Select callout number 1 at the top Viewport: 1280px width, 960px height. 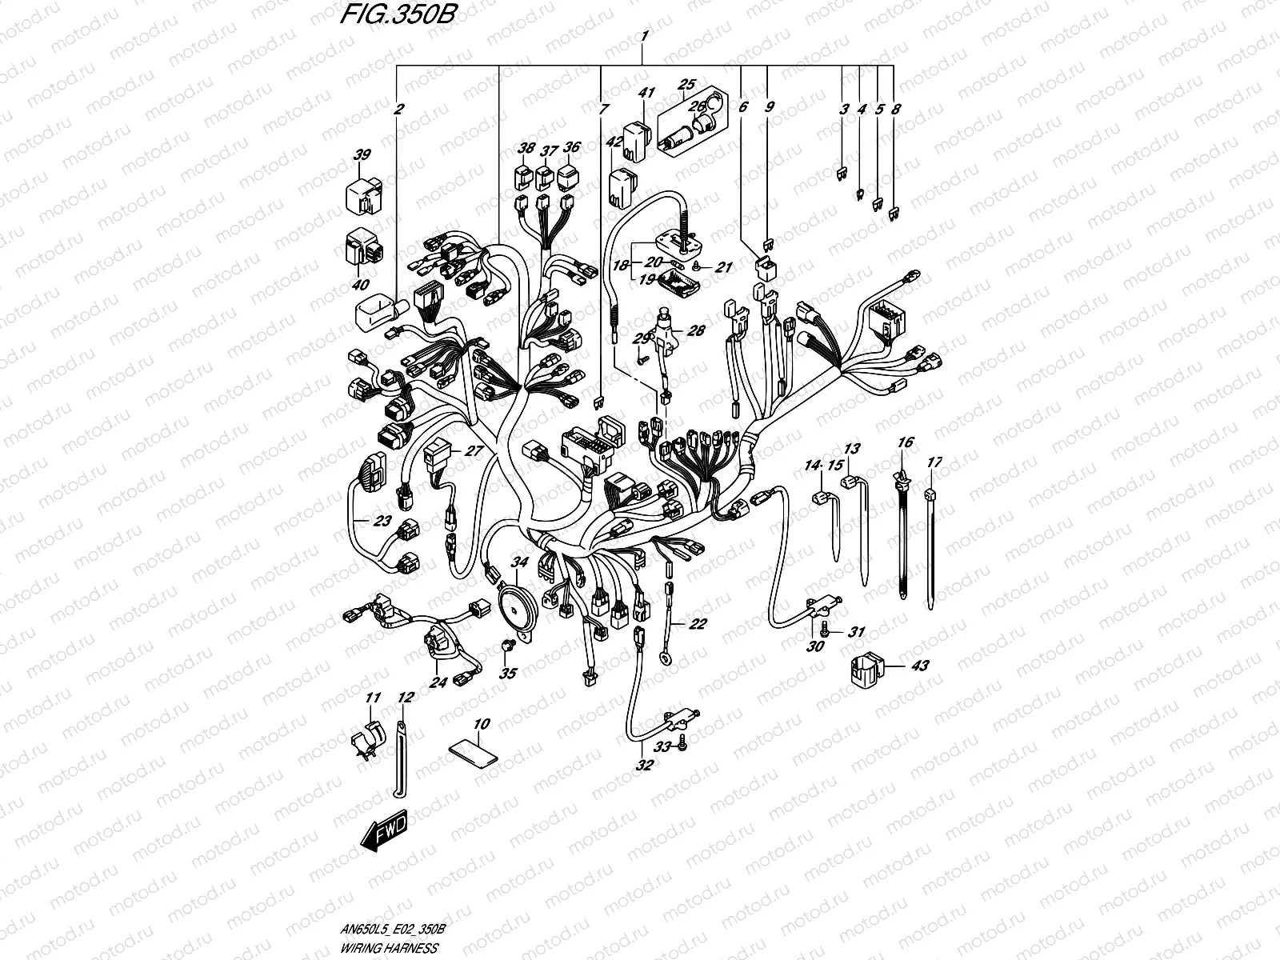pos(644,36)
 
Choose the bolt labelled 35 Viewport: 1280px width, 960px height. pos(506,646)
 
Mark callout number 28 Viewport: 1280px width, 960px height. pos(696,330)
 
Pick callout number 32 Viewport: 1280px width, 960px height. pos(644,765)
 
